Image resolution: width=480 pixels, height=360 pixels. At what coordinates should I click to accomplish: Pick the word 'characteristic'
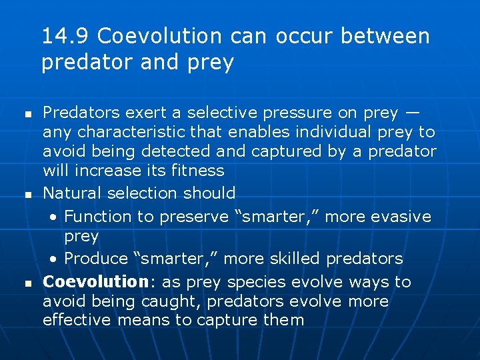(x=126, y=133)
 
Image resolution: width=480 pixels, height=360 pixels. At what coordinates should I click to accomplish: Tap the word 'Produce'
(x=95, y=259)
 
